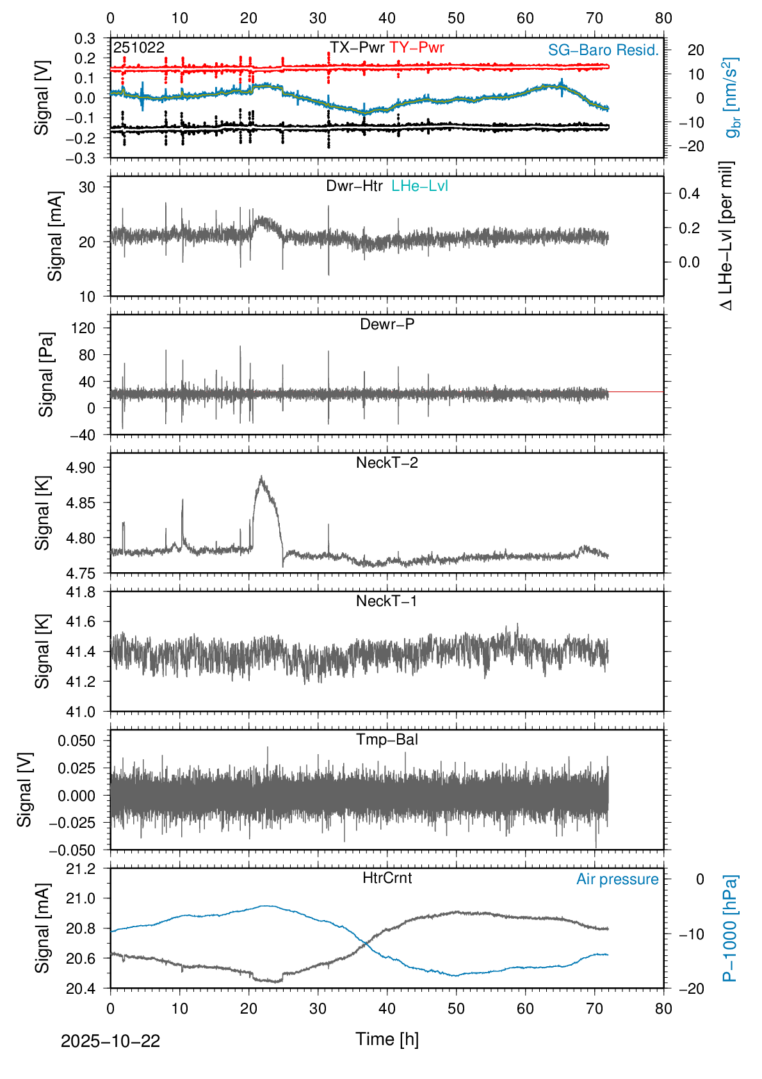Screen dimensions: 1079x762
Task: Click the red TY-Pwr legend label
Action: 416,47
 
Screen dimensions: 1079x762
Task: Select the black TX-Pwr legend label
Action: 357,47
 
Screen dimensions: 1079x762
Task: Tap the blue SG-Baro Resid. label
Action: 603,50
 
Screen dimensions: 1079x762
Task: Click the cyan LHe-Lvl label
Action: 419,186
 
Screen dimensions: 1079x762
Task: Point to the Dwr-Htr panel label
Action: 354,186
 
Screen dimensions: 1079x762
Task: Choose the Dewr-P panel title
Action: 387,324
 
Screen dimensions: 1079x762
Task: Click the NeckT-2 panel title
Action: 387,463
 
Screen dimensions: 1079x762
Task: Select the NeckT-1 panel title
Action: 387,601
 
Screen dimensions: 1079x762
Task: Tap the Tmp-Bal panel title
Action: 387,739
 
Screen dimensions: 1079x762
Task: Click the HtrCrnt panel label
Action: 387,878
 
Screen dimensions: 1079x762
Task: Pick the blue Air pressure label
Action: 617,879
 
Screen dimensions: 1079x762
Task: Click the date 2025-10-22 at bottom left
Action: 110,1041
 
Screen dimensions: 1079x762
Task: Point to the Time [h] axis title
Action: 387,1039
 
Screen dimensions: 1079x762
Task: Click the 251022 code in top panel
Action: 139,47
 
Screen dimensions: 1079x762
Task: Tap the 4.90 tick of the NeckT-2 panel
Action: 81,468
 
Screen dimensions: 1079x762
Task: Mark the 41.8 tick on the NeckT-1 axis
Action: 81,592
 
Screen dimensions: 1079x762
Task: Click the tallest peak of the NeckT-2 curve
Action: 261,477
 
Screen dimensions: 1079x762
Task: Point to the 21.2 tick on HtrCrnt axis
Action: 81,869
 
